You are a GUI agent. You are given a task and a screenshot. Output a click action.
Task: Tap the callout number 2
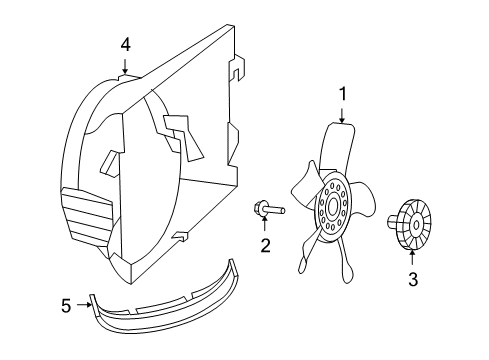[x=265, y=246]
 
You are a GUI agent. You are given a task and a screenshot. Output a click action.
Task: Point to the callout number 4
[x=125, y=43]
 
